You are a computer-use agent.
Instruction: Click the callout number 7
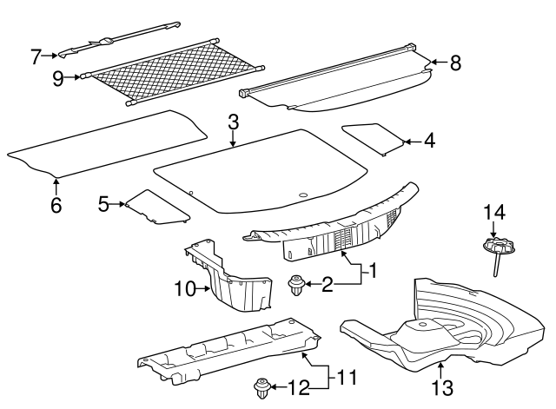36,56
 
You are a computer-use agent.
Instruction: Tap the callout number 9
58,78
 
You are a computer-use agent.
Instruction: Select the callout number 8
455,63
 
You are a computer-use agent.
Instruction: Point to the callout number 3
233,122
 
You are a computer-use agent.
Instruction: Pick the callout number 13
442,387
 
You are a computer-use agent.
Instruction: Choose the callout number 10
185,289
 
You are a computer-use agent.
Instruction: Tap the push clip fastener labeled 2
295,286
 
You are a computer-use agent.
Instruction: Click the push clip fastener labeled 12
261,389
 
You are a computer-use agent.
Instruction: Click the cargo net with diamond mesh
173,76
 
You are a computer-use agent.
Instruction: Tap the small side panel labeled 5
156,208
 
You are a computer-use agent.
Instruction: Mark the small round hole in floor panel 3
303,195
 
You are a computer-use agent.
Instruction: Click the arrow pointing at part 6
56,187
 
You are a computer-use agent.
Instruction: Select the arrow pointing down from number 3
233,139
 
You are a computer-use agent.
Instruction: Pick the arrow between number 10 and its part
203,289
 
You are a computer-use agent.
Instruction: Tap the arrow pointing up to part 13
440,370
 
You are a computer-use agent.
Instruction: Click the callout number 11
347,378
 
